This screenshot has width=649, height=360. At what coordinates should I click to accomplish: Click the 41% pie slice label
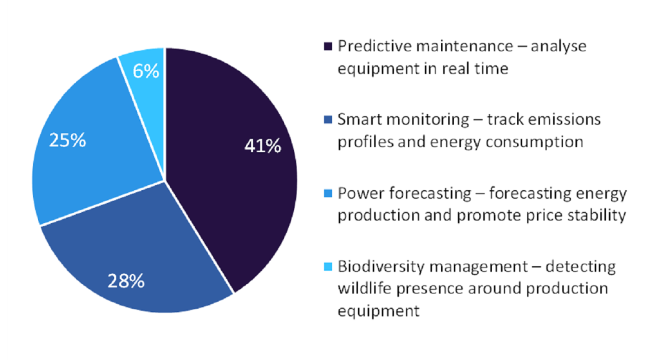[262, 146]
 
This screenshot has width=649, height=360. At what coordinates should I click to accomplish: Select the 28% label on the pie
[126, 280]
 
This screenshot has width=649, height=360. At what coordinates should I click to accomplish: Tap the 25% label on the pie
[67, 141]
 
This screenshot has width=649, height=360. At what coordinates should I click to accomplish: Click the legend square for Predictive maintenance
[328, 47]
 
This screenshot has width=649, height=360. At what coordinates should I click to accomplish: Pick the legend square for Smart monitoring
[328, 120]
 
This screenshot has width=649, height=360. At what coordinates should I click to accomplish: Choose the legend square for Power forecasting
[328, 193]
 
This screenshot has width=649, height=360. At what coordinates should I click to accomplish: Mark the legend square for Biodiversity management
[328, 267]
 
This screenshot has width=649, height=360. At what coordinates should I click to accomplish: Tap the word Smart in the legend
[359, 120]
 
